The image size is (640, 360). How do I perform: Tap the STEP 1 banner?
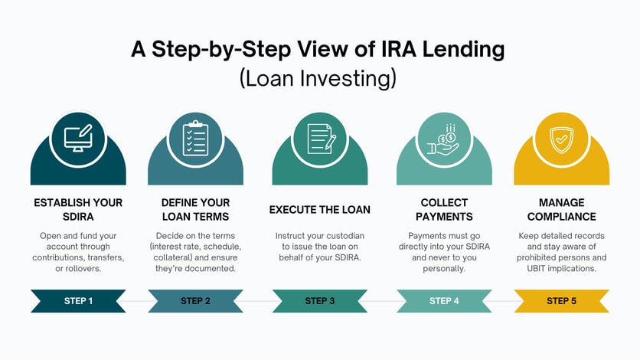pyautogui.click(x=78, y=300)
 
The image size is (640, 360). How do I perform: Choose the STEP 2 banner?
pyautogui.click(x=195, y=300)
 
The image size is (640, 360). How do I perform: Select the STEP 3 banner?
pyautogui.click(x=320, y=300)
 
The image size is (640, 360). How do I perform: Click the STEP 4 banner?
pyautogui.click(x=444, y=300)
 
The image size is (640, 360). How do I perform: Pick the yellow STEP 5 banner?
pyautogui.click(x=561, y=300)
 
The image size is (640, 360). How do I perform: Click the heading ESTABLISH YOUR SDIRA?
pyautogui.click(x=78, y=209)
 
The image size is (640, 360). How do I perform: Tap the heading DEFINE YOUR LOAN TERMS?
pyautogui.click(x=195, y=209)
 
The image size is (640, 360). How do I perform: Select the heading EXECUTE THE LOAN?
pyautogui.click(x=320, y=209)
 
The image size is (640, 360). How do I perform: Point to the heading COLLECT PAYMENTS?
pyautogui.click(x=444, y=209)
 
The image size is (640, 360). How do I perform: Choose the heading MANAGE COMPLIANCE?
pyautogui.click(x=561, y=209)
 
